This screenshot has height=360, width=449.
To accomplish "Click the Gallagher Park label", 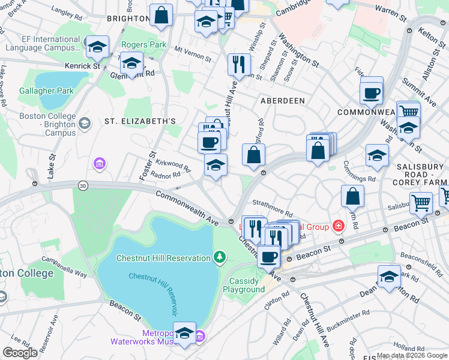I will click(46, 91).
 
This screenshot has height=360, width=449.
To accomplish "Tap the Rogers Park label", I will click(143, 44).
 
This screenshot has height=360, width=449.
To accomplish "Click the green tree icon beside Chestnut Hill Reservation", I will click(220, 257).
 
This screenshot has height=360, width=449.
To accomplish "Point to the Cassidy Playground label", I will click(244, 285).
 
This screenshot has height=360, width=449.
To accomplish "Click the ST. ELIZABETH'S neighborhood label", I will click(140, 121).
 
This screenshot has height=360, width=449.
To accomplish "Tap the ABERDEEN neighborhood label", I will click(282, 101).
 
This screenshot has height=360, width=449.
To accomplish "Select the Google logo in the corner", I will click(20, 352).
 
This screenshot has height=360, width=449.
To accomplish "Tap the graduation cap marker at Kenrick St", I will click(97, 46).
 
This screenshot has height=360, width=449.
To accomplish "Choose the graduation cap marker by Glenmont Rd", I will click(131, 62).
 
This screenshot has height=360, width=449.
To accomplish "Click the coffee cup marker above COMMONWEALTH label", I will click(371, 92).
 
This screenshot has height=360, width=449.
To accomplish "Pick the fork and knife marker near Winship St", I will click(239, 64).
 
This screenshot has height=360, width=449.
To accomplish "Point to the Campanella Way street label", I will click(64, 268).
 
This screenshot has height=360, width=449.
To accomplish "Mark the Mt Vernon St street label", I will click(193, 54).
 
